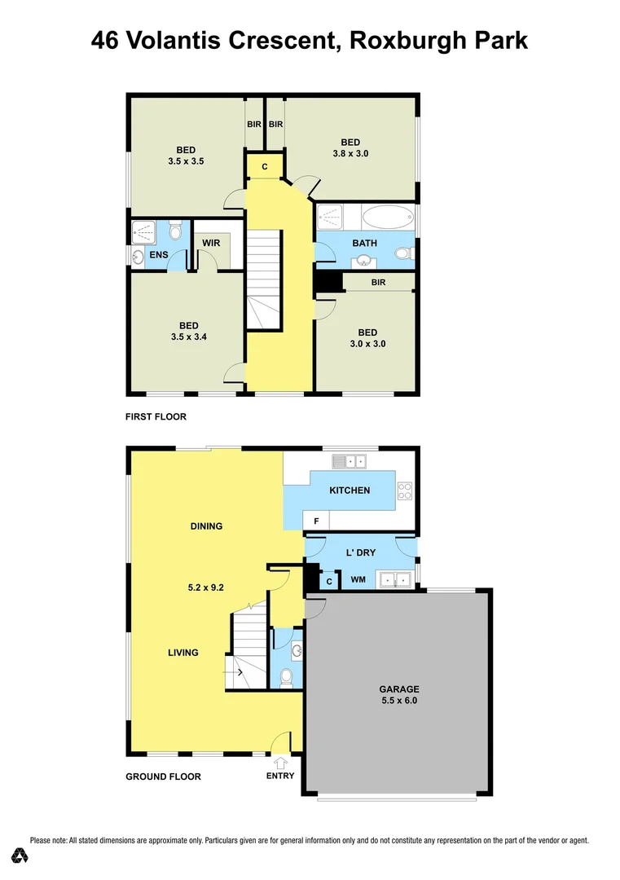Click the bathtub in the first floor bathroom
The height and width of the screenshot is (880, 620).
click(388, 218)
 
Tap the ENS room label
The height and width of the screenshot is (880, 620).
click(158, 256)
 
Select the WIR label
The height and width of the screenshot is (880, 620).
click(212, 243)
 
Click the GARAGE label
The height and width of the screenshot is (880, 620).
click(399, 689)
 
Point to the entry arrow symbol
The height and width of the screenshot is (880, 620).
click(282, 763)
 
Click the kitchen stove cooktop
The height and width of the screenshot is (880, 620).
click(404, 491)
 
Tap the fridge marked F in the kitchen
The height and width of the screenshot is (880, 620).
click(315, 520)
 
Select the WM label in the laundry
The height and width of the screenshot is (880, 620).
click(358, 580)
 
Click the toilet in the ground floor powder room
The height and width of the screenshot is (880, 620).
click(286, 676)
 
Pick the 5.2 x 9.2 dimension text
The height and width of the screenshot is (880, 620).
click(206, 585)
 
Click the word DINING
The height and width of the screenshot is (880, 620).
click(206, 526)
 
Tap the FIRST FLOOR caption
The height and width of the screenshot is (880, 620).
click(156, 416)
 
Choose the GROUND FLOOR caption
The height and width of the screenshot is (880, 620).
click(163, 777)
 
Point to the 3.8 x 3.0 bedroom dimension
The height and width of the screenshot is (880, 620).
click(350, 153)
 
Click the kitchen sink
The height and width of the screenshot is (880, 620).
click(348, 462)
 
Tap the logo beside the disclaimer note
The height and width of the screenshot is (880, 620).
click(20, 855)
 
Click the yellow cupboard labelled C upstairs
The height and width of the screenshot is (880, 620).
click(265, 167)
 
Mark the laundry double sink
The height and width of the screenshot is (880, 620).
click(394, 579)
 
